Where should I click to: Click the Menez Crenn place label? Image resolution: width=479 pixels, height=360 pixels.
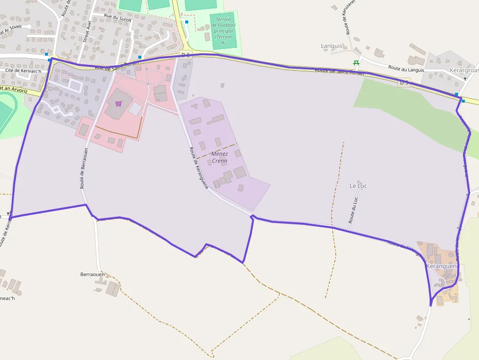tap(219, 157)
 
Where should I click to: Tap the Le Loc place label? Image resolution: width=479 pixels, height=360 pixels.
tap(358, 186)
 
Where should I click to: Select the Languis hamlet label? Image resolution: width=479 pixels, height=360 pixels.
tap(332, 46)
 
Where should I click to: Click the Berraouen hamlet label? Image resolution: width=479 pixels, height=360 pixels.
tap(92, 275)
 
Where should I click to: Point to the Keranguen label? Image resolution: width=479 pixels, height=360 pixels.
tap(441, 266)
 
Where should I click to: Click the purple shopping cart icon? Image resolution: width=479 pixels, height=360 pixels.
tap(118, 104)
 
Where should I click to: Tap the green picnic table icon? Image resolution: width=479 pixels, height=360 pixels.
tap(356, 63)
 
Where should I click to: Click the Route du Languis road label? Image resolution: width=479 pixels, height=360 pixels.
tap(406, 68)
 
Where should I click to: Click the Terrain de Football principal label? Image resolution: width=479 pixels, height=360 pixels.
tap(223, 31)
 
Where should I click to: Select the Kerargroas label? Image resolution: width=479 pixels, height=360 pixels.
tap(463, 70)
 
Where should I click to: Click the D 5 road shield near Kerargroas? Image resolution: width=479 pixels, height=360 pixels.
tap(404, 82)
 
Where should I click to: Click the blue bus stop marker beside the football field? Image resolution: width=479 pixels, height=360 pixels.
tap(187, 22)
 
